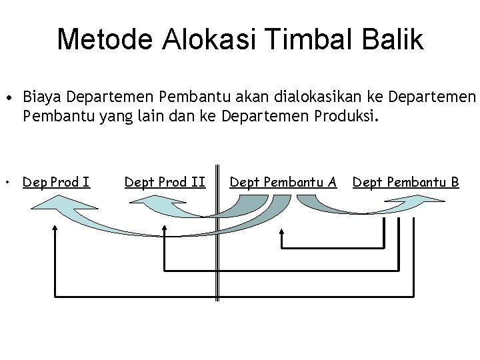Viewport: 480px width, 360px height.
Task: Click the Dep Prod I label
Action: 57,181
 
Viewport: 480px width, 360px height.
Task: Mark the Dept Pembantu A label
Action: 283,181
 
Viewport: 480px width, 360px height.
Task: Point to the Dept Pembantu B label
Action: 405,181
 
